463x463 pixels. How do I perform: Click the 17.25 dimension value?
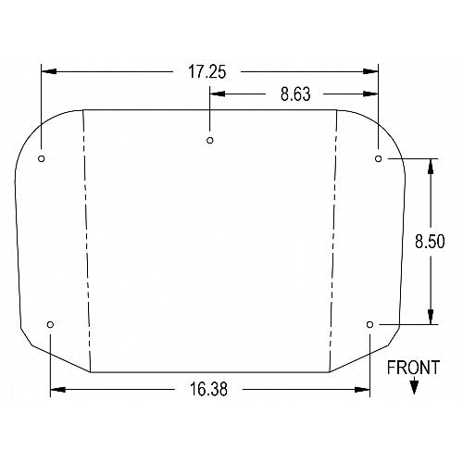tap(207, 72)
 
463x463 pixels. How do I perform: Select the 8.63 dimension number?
tap(295, 94)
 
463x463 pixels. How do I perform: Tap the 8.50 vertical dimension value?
tap(430, 242)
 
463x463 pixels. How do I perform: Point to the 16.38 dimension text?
tap(208, 389)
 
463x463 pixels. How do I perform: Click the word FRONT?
tap(413, 368)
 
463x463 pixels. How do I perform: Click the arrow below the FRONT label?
tap(414, 385)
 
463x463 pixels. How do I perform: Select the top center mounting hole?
tap(210, 141)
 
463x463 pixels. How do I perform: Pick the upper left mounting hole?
tap(42, 158)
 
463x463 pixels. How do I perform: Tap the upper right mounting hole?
tap(379, 158)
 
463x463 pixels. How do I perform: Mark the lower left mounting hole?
tap(50, 324)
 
